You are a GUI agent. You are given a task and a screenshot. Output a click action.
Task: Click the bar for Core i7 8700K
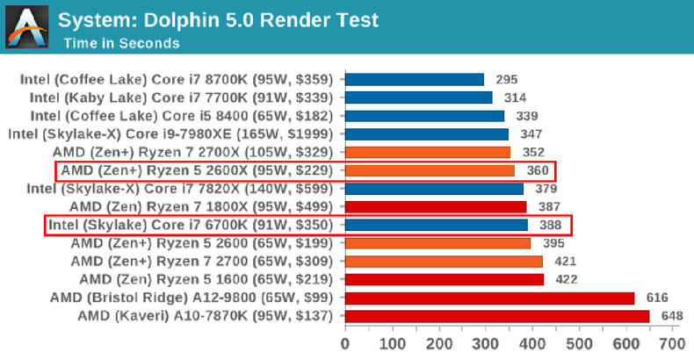coord(414,79)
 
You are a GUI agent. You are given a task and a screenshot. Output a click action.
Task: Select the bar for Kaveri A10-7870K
coord(496,316)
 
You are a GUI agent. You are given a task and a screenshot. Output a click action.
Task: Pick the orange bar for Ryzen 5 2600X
coord(429,170)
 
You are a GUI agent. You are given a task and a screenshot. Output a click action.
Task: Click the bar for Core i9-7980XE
coord(426,133)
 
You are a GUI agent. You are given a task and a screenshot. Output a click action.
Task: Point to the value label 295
coord(507,79)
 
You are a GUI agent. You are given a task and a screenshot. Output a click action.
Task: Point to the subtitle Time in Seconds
coord(119,43)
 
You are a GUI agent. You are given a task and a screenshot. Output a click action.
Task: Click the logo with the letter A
coord(26,27)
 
